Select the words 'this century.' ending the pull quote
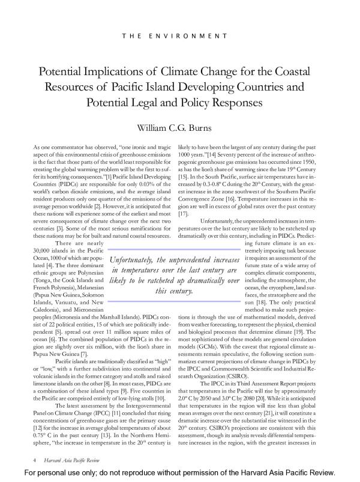[x=173, y=292]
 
